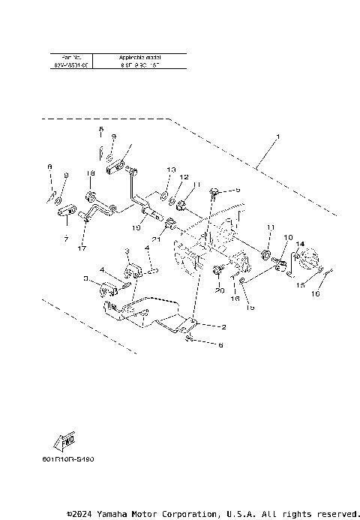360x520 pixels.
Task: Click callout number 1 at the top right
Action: pos(278,137)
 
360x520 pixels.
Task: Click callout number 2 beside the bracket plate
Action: pos(223,326)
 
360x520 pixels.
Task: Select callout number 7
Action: pos(65,239)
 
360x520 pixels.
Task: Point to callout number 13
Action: pos(171,170)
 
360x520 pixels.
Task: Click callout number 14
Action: pos(299,244)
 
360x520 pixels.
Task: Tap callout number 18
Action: pos(89,173)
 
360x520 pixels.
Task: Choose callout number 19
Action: pos(137,227)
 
